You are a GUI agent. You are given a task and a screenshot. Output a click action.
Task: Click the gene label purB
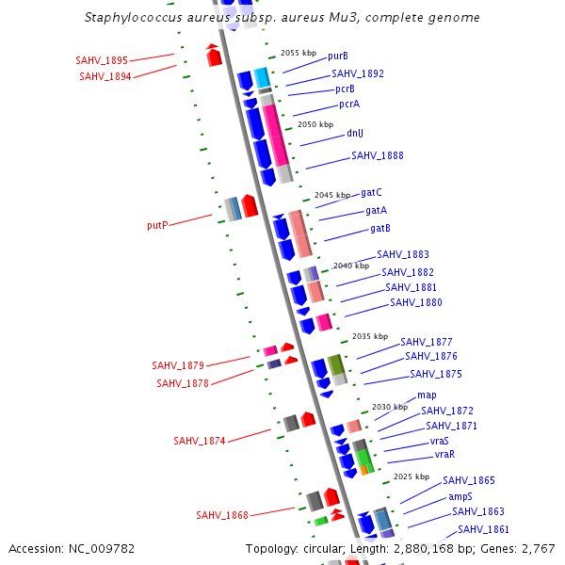click(x=338, y=56)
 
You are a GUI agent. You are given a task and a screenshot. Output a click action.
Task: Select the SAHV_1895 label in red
click(x=102, y=60)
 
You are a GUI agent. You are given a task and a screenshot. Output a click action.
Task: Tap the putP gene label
click(x=157, y=226)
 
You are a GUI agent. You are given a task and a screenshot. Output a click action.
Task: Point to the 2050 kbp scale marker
click(x=315, y=124)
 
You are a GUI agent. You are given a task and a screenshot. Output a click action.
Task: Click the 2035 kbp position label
click(x=370, y=336)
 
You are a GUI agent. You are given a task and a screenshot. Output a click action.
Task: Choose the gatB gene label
click(x=380, y=229)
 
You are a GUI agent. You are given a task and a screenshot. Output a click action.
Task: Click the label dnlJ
click(x=355, y=134)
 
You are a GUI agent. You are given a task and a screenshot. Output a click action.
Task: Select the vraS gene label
click(x=440, y=441)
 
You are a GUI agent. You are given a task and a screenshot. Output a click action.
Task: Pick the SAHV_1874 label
click(x=200, y=441)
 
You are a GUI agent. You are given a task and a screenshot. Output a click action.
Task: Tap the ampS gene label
click(x=460, y=496)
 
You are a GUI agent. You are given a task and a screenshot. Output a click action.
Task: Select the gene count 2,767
click(x=537, y=548)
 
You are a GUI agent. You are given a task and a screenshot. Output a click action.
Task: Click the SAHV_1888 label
click(x=378, y=155)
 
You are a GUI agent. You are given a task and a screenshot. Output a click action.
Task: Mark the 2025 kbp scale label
click(x=412, y=476)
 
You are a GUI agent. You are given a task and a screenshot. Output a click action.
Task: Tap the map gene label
click(x=427, y=395)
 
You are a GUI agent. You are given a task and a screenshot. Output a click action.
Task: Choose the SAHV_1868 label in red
click(x=222, y=515)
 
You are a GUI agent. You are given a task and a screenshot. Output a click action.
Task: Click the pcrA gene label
click(x=349, y=104)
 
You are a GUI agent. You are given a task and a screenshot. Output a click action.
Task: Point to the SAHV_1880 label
click(x=416, y=302)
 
